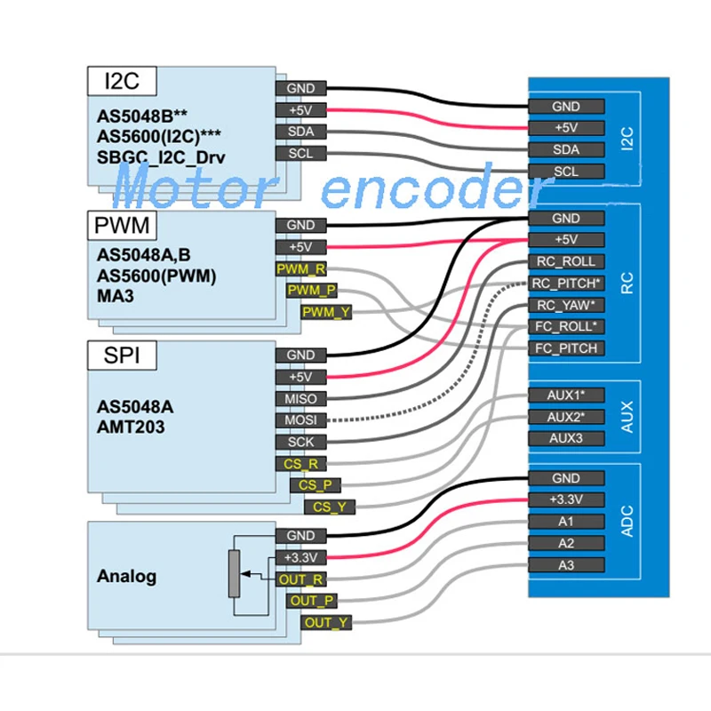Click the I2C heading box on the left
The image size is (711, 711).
[121, 81]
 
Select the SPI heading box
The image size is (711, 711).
[121, 356]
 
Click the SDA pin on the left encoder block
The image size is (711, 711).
[301, 132]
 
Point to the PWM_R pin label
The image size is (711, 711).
[301, 268]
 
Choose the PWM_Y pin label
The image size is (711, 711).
[326, 312]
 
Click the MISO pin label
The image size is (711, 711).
[301, 398]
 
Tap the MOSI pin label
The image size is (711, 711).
[301, 419]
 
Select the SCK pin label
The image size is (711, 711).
[301, 442]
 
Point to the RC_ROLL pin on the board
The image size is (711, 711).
[566, 261]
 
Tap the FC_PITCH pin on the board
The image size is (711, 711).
[566, 348]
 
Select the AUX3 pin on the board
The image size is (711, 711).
[566, 438]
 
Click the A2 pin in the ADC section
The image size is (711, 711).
[566, 543]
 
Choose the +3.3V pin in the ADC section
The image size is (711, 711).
[566, 499]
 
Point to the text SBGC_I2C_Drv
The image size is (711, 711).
[161, 157]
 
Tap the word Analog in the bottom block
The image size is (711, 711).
[126, 576]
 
